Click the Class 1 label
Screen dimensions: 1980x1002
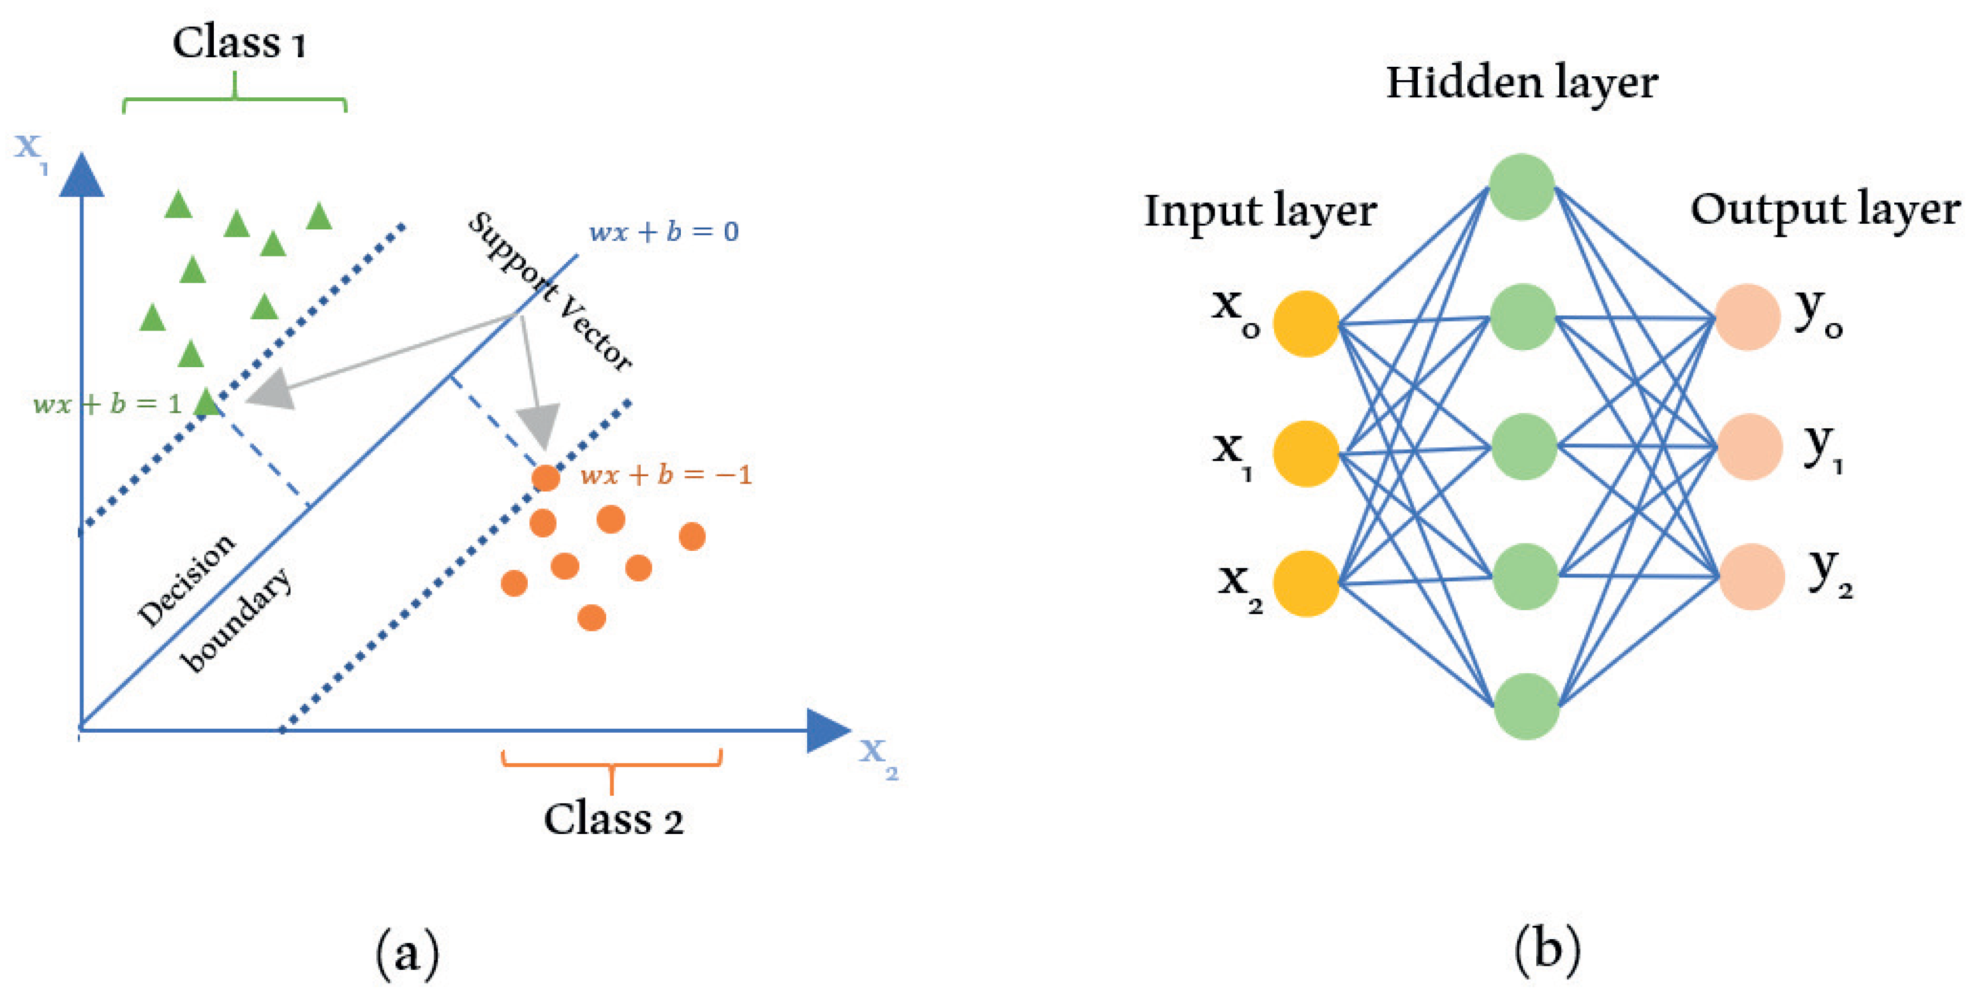tap(239, 43)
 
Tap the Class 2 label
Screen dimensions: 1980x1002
tap(613, 819)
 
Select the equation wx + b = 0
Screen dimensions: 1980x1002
tap(664, 231)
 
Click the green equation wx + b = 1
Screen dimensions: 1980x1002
tap(107, 403)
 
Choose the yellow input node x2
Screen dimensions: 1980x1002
tap(1306, 583)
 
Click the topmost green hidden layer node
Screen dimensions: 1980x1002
tap(1522, 187)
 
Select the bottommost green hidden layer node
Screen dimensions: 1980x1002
tap(1526, 706)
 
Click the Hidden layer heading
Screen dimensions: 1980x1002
tap(1522, 83)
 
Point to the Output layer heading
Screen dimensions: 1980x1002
tap(1825, 209)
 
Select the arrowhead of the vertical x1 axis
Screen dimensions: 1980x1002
tap(81, 175)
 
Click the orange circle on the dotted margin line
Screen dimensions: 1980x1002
tap(546, 478)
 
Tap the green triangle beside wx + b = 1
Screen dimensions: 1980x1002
tap(206, 402)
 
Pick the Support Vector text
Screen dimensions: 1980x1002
tap(549, 291)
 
